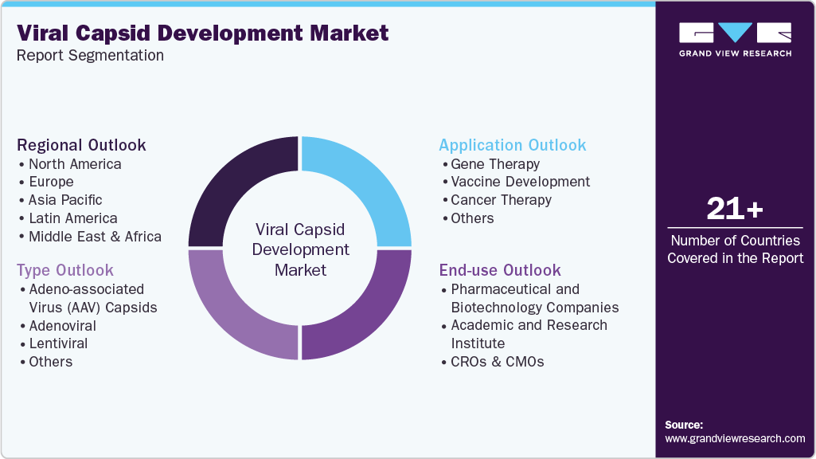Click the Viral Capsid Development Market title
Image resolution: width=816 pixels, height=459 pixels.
pos(203,33)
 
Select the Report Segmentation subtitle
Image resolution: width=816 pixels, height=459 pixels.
pos(90,56)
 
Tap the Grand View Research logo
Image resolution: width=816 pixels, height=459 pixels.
pos(735,39)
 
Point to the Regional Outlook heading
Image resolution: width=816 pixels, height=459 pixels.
pos(81,145)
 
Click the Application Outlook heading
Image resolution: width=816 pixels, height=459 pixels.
pos(512,145)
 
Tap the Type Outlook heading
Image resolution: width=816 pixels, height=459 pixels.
pos(65,270)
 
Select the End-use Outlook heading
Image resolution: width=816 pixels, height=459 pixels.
pos(500,270)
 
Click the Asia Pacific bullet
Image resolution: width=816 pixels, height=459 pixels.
pos(65,200)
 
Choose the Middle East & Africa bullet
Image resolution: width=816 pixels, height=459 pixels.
pos(95,237)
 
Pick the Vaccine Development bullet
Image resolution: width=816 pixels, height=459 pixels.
pos(520,182)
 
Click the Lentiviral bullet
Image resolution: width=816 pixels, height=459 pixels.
pos(58,343)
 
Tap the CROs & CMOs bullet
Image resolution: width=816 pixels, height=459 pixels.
pos(497,362)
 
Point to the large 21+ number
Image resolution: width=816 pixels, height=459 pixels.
pos(734,210)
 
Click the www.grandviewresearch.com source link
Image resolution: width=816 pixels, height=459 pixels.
pos(735,438)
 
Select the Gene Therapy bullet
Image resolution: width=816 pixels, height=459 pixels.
pos(495,164)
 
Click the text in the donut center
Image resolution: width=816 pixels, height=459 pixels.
pos(300,249)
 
